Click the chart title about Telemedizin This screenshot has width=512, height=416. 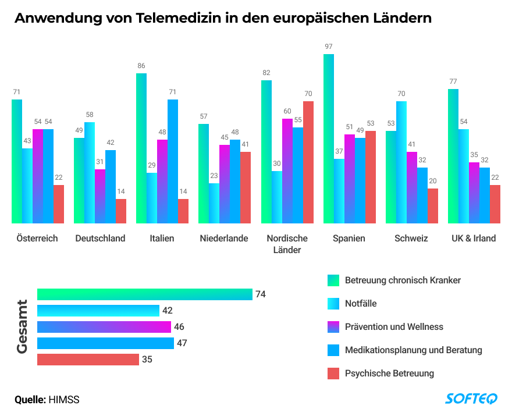pyautogui.click(x=223, y=18)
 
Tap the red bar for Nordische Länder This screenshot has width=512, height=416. pyautogui.click(x=308, y=162)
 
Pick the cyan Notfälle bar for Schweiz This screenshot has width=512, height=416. pyautogui.click(x=401, y=162)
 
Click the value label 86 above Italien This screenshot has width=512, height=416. pyautogui.click(x=141, y=66)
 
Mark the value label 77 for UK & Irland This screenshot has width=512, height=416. pyautogui.click(x=453, y=81)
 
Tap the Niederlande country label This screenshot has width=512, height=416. pyautogui.click(x=224, y=239)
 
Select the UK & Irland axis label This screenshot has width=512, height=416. pyautogui.click(x=474, y=239)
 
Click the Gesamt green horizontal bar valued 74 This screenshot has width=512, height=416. pyautogui.click(x=144, y=294)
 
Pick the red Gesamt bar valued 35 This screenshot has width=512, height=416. pyautogui.click(x=88, y=360)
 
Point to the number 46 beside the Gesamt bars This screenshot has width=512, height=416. pyautogui.click(x=179, y=327)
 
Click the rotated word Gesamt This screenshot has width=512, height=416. pyautogui.click(x=22, y=326)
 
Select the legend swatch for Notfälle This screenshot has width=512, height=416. pyautogui.click(x=333, y=304)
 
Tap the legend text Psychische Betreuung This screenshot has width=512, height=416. pyautogui.click(x=389, y=374)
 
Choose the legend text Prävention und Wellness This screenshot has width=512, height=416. pyautogui.click(x=394, y=327)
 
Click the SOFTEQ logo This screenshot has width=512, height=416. pyautogui.click(x=471, y=399)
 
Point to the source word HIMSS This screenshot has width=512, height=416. pyautogui.click(x=63, y=400)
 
